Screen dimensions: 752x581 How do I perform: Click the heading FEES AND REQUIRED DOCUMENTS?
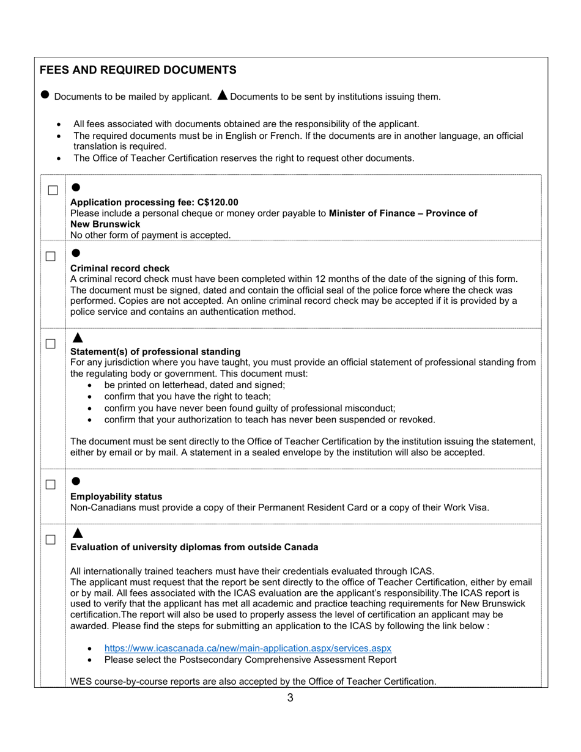[x=138, y=70]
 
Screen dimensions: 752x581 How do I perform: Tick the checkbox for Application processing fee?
[x=53, y=191]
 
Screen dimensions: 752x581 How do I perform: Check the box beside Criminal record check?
[x=51, y=256]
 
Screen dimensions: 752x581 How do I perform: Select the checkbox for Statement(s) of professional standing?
[x=51, y=344]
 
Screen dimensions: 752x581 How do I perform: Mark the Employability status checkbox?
[x=51, y=485]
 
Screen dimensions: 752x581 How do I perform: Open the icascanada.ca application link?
[x=248, y=648]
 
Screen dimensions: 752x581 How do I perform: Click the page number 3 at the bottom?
[x=290, y=698]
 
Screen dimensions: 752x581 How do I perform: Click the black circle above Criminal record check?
[x=76, y=253]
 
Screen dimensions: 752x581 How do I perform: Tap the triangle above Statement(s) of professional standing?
[x=76, y=337]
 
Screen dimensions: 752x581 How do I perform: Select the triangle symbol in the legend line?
[x=222, y=95]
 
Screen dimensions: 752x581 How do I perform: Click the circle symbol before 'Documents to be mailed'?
[x=45, y=95]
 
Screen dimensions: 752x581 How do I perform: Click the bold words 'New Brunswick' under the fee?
[x=105, y=224]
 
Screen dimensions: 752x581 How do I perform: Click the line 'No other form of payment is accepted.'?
[x=150, y=235]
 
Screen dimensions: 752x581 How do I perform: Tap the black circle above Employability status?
[x=76, y=481]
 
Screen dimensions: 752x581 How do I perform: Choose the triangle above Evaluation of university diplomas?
[x=76, y=533]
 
